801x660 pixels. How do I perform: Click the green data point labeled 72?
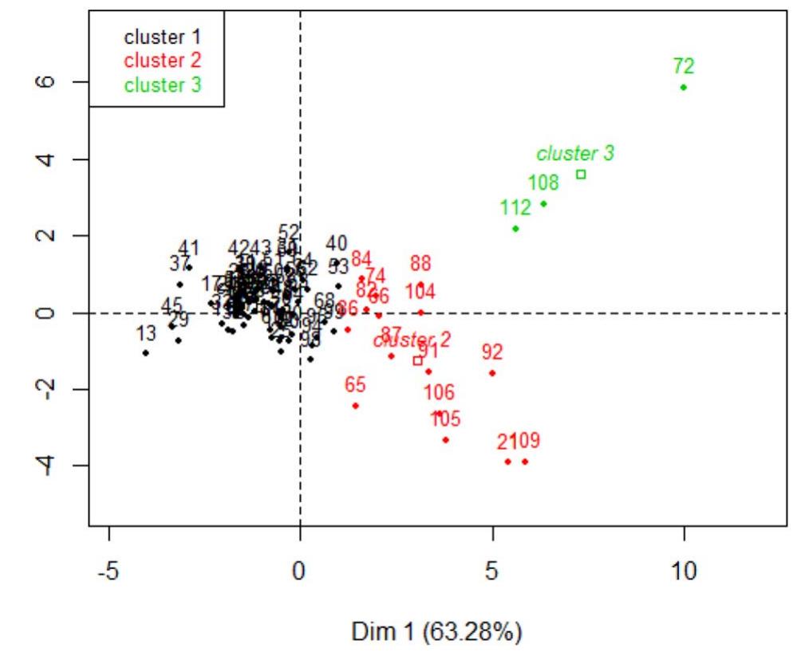[684, 87]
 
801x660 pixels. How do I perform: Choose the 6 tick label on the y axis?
[47, 82]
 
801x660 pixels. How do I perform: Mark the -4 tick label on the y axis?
[47, 466]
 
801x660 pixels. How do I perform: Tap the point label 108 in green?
[543, 183]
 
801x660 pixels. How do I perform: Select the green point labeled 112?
[515, 229]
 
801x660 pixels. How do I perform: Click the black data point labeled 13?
[145, 352]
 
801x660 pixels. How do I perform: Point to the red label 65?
[355, 385]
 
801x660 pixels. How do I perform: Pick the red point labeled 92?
[492, 373]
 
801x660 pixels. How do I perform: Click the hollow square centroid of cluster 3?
[581, 175]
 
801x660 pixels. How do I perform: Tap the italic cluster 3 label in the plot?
[574, 153]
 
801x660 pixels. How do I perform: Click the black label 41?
[189, 247]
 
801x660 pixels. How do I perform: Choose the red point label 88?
[420, 263]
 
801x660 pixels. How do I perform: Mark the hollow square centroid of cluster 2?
[417, 360]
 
